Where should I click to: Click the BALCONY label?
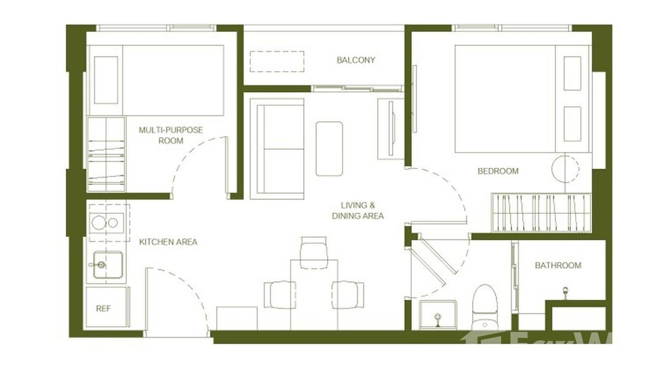pyautogui.click(x=356, y=60)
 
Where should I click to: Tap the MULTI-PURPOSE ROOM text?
pyautogui.click(x=171, y=135)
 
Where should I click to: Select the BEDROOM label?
pyautogui.click(x=498, y=171)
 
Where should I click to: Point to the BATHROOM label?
pyautogui.click(x=558, y=266)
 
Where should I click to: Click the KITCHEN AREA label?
pyautogui.click(x=168, y=242)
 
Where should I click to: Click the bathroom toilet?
pyautogui.click(x=484, y=307)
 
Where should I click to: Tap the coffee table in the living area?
pyautogui.click(x=329, y=148)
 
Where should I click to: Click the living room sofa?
pyautogui.click(x=277, y=148)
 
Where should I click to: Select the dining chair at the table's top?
pyautogui.click(x=314, y=252)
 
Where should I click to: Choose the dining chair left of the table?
pyautogui.click(x=280, y=294)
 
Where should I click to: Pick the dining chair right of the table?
pyautogui.click(x=348, y=294)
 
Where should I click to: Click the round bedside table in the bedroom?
pyautogui.click(x=565, y=169)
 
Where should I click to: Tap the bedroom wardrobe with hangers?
pyautogui.click(x=541, y=212)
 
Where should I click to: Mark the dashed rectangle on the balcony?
pyautogui.click(x=277, y=61)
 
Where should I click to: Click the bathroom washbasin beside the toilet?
pyautogui.click(x=437, y=315)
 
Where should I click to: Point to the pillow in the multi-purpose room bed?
pyautogui.click(x=106, y=80)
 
